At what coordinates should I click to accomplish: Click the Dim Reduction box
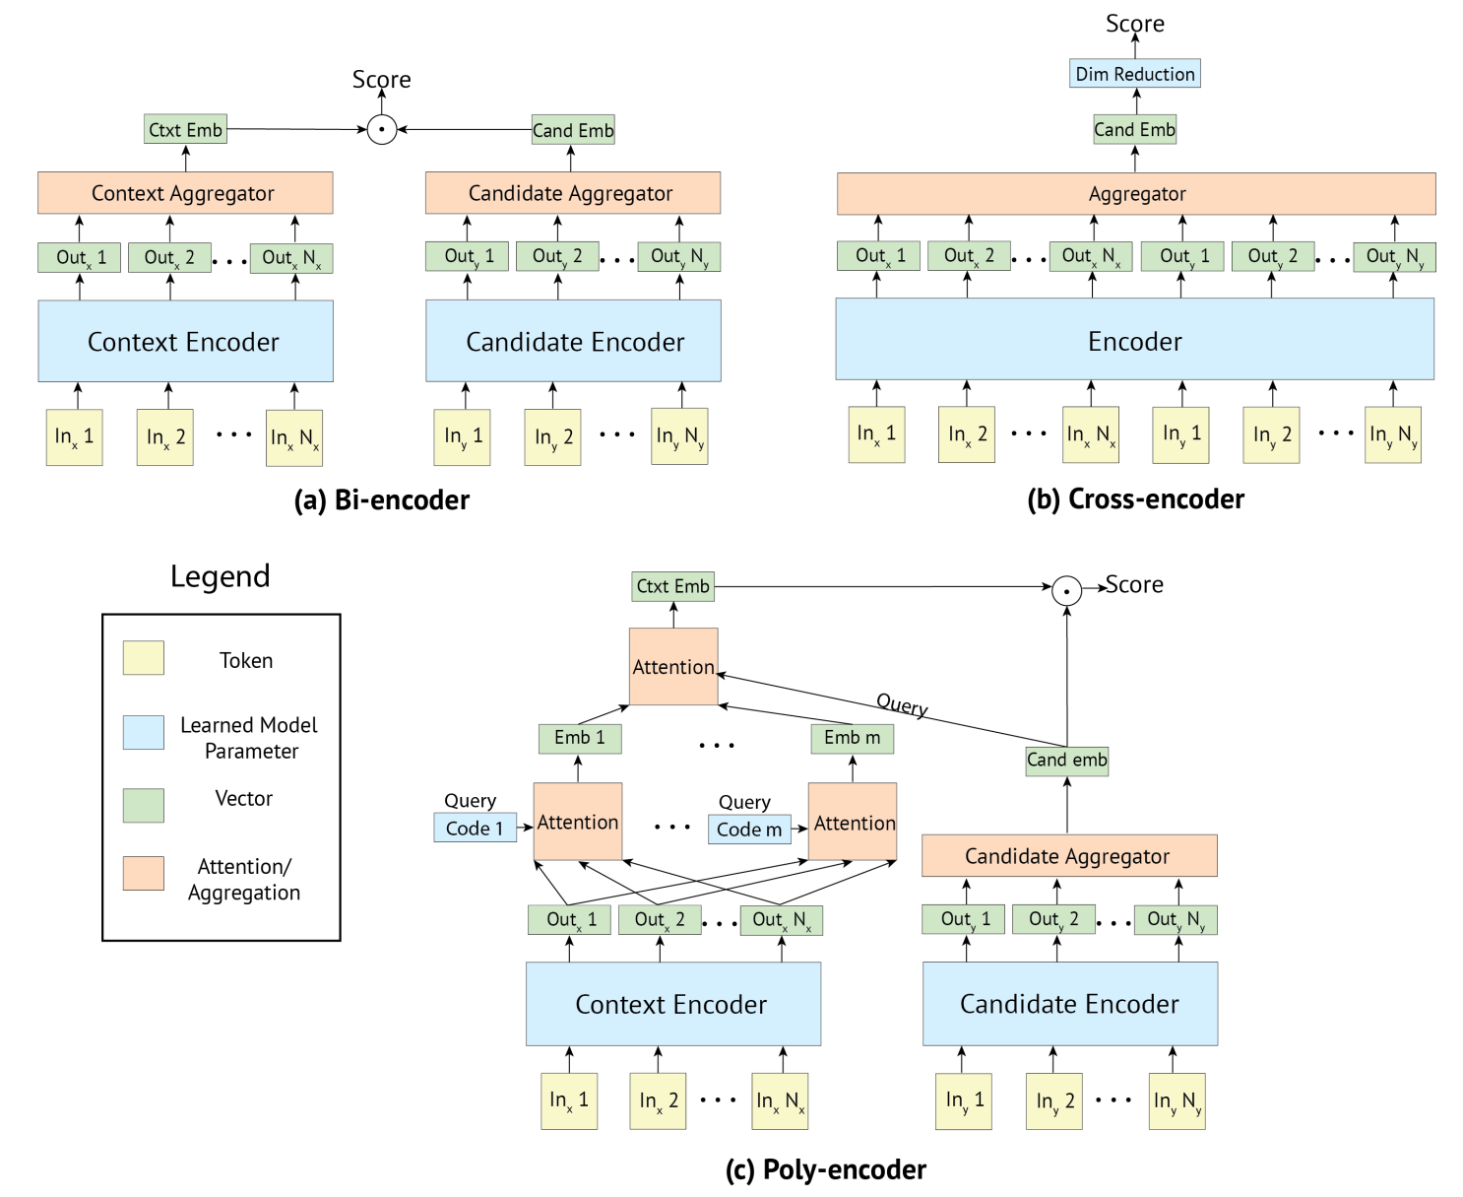1134,74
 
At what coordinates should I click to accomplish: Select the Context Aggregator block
185,193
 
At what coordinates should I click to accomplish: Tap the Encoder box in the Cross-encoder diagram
1134,341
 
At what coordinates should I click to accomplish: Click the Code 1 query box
475,829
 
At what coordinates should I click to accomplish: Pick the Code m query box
749,830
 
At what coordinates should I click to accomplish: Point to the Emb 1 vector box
580,738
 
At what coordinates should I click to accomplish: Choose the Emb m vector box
852,738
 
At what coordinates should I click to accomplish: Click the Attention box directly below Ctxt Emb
673,667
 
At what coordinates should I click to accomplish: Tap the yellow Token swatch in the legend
144,658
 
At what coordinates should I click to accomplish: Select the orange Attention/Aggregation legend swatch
144,873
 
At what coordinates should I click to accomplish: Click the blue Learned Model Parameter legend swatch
144,733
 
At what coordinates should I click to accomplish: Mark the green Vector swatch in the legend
144,805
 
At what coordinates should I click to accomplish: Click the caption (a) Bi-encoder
382,500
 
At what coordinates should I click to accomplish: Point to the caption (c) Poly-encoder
826,1169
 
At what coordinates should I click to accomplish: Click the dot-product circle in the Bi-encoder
382,129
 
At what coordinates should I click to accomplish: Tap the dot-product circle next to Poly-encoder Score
1066,589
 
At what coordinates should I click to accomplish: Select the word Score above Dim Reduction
1134,24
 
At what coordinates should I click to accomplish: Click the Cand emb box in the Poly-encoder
1066,761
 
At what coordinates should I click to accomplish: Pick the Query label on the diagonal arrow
902,705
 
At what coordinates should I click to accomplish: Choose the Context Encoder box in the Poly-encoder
672,1004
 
